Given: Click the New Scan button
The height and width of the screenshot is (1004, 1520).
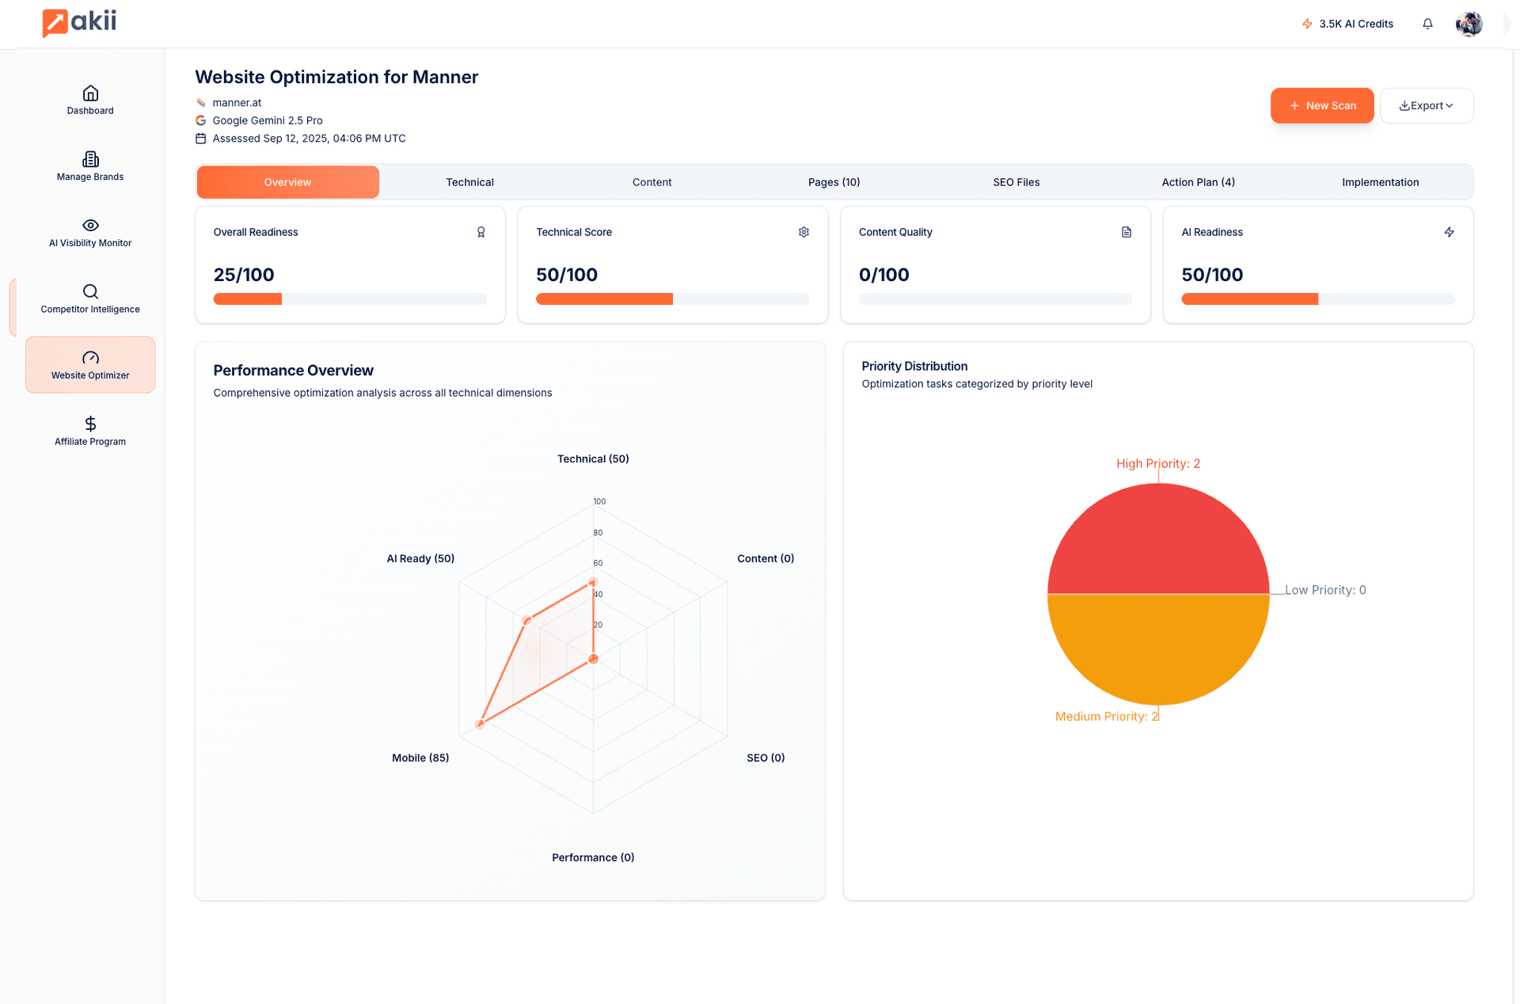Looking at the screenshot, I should [x=1321, y=105].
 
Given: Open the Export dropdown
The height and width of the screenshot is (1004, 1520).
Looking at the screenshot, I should [x=1426, y=105].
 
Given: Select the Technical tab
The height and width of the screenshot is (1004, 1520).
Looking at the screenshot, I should [x=469, y=182].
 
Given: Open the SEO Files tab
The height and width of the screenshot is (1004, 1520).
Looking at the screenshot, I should [x=1016, y=182].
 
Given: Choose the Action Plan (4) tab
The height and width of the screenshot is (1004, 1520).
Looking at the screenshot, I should [x=1198, y=182].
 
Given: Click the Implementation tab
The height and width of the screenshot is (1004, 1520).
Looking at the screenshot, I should [x=1380, y=182].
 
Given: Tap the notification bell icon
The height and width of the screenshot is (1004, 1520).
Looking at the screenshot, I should [x=1427, y=24].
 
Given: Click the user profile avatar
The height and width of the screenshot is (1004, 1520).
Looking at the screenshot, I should [x=1469, y=24].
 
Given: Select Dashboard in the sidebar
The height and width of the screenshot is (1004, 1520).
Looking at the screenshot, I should [x=90, y=100].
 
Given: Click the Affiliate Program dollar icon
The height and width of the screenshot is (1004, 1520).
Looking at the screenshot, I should [x=90, y=424].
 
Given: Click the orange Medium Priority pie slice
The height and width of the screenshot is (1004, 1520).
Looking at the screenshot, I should [x=1158, y=649].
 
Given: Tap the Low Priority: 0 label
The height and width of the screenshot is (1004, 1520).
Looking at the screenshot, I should [x=1325, y=590].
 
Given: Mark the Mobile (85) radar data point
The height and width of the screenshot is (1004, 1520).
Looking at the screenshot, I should [x=480, y=724].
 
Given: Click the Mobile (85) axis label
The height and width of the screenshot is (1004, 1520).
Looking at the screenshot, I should [x=420, y=758].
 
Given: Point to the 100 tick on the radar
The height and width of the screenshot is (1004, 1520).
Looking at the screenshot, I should [x=599, y=501].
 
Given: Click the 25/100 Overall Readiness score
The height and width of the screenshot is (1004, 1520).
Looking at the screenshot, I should [x=244, y=275].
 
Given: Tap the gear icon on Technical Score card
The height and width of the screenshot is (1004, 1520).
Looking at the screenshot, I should [x=804, y=232].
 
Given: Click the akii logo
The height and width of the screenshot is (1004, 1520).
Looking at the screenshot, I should [x=79, y=22].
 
